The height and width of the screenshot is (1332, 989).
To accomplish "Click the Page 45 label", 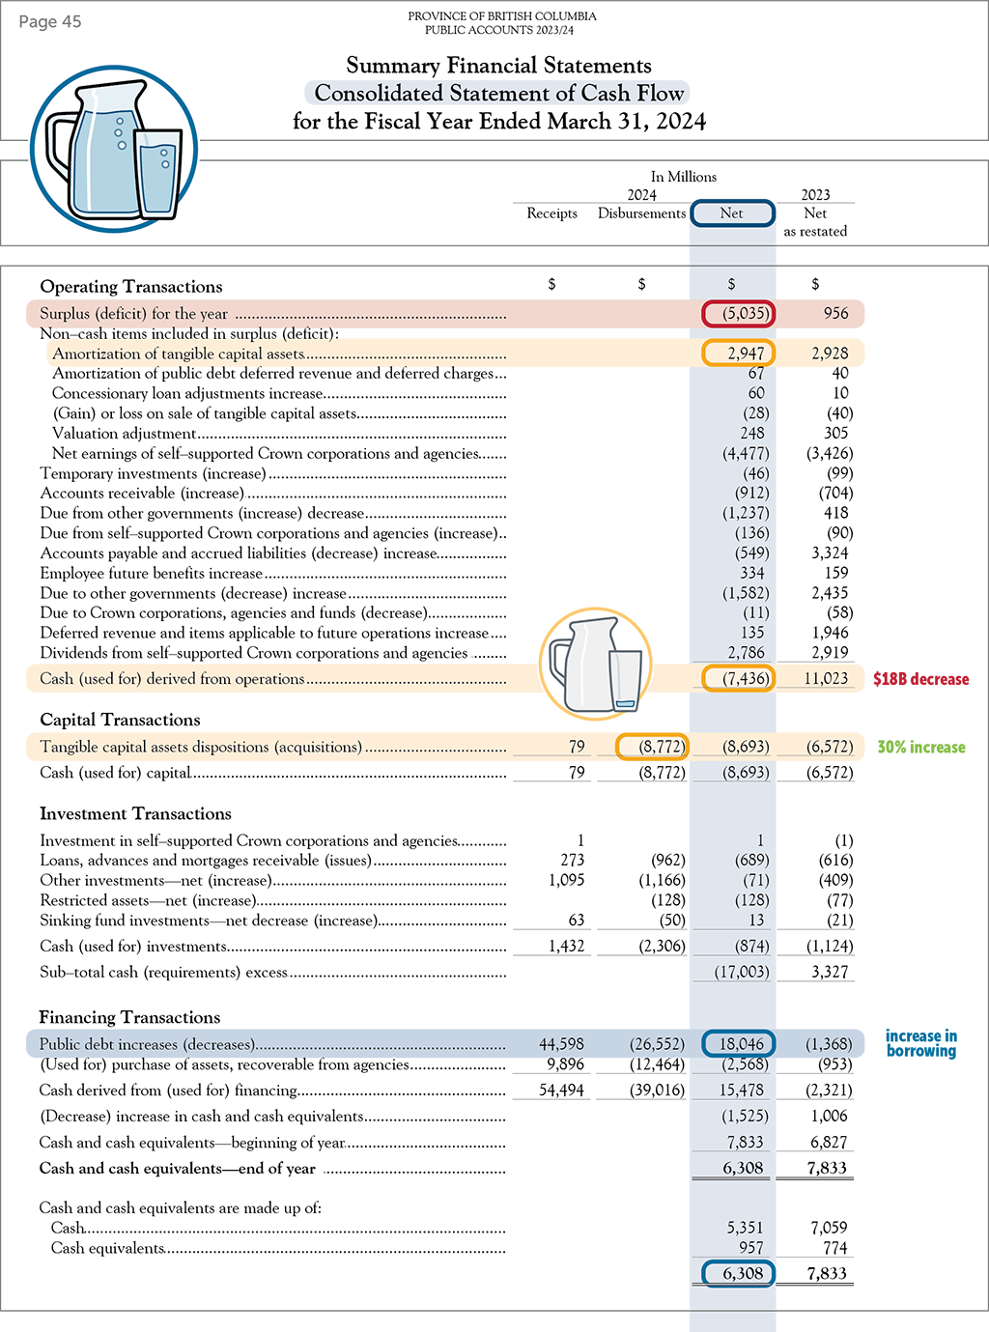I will pyautogui.click(x=50, y=22).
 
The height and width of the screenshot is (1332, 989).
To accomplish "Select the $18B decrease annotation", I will pyautogui.click(x=920, y=679).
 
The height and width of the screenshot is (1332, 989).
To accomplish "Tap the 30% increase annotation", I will pyautogui.click(x=920, y=747).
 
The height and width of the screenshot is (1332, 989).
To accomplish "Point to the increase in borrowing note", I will pyautogui.click(x=921, y=1043).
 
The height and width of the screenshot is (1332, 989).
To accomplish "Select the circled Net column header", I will pyautogui.click(x=732, y=213).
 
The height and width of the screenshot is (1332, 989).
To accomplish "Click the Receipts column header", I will pyautogui.click(x=551, y=213).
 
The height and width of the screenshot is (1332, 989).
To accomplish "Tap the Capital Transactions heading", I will pyautogui.click(x=120, y=720).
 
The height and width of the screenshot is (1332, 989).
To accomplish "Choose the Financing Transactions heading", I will pyautogui.click(x=129, y=1017).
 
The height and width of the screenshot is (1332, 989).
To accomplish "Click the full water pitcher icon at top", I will pyautogui.click(x=114, y=148).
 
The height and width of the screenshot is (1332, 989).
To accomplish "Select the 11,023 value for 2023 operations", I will pyautogui.click(x=826, y=679).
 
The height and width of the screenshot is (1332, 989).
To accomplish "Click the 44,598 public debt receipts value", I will pyautogui.click(x=561, y=1044).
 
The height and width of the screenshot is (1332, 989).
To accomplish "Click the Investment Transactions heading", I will pyautogui.click(x=135, y=813).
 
